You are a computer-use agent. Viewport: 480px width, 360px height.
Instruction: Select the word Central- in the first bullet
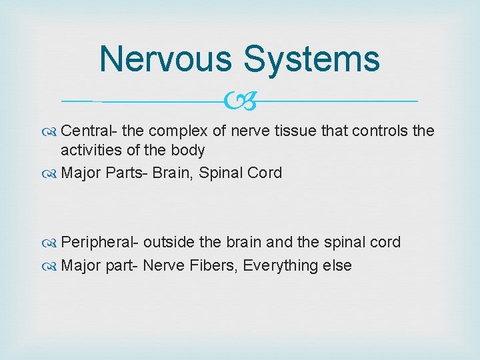click(88, 131)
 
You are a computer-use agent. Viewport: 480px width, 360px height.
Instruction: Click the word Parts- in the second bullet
click(127, 173)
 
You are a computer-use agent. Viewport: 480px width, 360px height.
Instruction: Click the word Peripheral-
click(100, 242)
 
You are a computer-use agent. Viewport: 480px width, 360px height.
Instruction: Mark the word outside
click(170, 242)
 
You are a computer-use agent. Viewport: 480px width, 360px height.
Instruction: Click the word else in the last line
click(337, 265)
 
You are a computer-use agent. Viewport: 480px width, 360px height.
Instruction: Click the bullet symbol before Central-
click(51, 131)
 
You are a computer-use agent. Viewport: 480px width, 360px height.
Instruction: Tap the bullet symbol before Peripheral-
click(51, 243)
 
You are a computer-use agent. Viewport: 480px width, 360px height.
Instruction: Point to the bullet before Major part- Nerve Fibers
click(51, 266)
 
